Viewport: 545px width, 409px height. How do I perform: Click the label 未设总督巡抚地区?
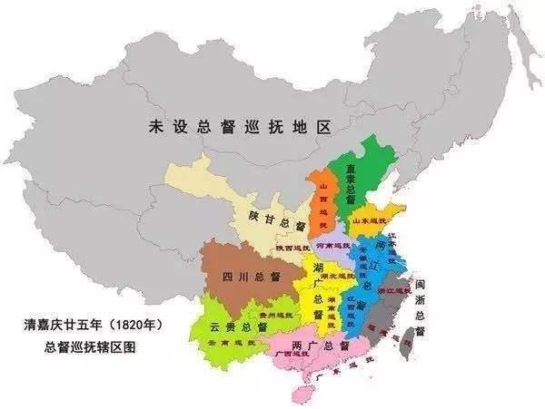236,129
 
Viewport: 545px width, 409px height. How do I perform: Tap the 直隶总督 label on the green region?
349,185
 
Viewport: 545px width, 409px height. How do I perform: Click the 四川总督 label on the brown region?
243,277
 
